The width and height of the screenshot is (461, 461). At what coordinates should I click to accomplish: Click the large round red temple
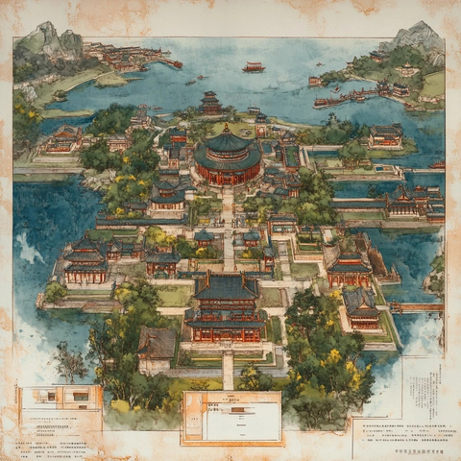(228, 159)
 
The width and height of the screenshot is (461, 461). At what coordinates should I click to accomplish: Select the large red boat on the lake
(254, 67)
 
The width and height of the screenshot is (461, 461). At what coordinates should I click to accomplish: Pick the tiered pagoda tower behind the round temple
(210, 102)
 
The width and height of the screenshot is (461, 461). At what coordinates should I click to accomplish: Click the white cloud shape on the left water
(28, 250)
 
